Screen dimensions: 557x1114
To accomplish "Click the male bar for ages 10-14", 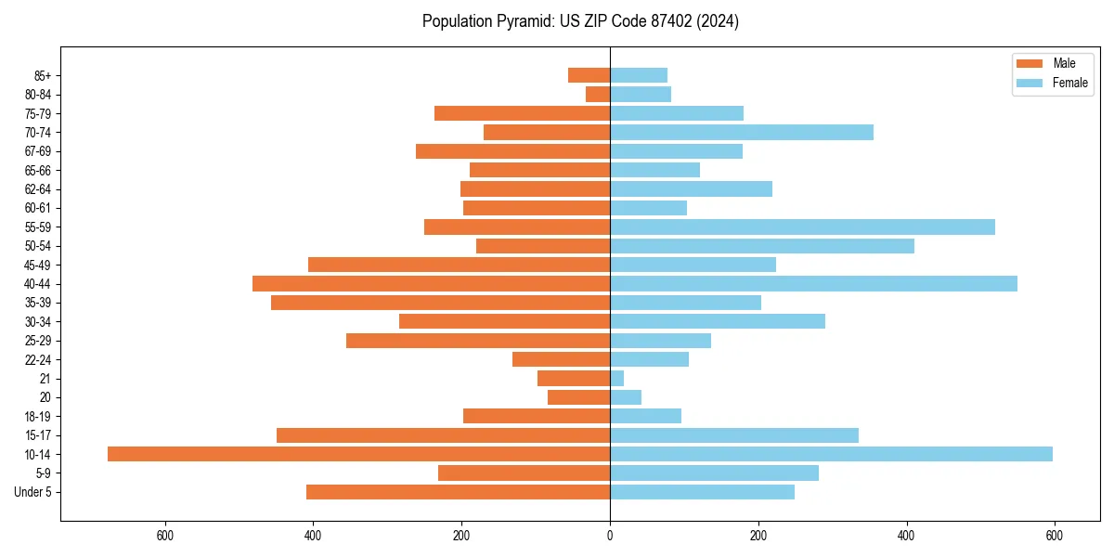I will tap(358, 454).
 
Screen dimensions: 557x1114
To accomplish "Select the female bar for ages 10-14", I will tap(831, 454).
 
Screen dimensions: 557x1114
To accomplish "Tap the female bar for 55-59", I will tap(802, 227).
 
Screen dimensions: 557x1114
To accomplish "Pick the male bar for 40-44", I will tap(431, 283).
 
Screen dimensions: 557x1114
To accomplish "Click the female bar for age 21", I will tap(617, 378).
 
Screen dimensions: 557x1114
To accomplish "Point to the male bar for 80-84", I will tap(598, 94).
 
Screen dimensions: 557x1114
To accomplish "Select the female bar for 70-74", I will tap(742, 132).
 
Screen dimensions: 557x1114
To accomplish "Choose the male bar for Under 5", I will tap(458, 492).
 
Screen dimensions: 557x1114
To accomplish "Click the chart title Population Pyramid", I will tap(580, 21).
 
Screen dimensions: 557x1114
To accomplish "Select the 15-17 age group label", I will tap(37, 435).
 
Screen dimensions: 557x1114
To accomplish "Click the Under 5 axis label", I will tap(32, 492).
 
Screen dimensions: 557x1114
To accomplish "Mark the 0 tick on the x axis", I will tap(610, 536).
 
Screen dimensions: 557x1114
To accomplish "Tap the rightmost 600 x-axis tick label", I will tap(1054, 536).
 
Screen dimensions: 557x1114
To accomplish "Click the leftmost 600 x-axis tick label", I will tap(165, 536).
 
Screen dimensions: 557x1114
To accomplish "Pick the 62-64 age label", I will tap(37, 188).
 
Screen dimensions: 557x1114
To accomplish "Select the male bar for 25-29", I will tap(478, 341).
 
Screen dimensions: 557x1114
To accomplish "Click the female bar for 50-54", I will tap(762, 246).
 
